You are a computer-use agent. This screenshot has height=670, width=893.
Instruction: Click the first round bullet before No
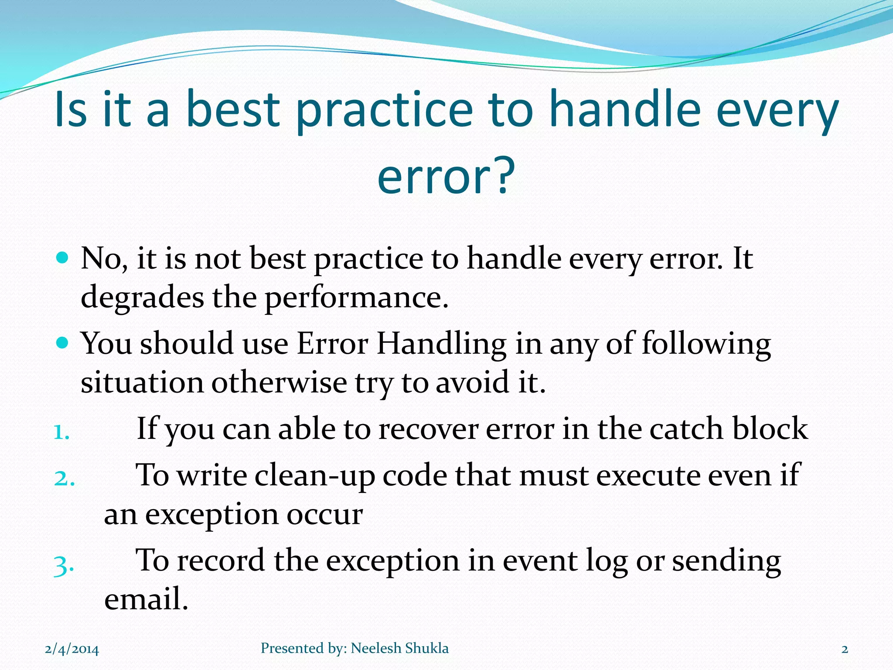pyautogui.click(x=63, y=258)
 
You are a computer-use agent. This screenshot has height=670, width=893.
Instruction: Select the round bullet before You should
pyautogui.click(x=63, y=342)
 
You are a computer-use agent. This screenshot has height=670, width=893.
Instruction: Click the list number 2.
pyautogui.click(x=64, y=478)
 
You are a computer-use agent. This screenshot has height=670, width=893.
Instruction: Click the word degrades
pyautogui.click(x=142, y=297)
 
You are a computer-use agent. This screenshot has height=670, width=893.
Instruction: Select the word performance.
pyautogui.click(x=356, y=297)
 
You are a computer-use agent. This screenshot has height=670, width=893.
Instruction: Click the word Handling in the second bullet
pyautogui.click(x=441, y=343)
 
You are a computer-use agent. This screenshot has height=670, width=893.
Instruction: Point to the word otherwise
pyautogui.click(x=279, y=382)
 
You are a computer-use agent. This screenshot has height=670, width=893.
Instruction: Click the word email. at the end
pyautogui.click(x=146, y=598)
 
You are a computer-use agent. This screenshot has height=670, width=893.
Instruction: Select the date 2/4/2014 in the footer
pyautogui.click(x=72, y=649)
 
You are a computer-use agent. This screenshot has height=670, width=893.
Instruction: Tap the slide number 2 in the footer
pyautogui.click(x=845, y=649)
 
